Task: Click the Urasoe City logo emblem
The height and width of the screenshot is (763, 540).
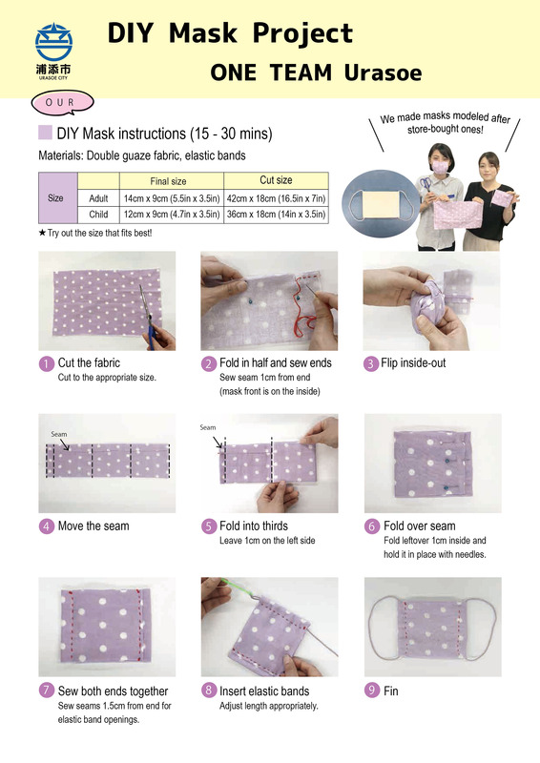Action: pos(53,42)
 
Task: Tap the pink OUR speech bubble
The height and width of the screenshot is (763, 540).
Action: pos(62,103)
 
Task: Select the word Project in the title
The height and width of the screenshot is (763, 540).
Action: pos(302,34)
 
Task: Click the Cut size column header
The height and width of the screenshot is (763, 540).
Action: pos(276,180)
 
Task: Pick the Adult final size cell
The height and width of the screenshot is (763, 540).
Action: pos(172,198)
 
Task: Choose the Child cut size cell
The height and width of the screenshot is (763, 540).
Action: pos(276,214)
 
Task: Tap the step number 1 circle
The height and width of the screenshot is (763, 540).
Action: pos(46,363)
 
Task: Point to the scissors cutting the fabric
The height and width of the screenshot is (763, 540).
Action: pos(148,317)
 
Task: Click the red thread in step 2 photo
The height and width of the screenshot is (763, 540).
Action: pos(301,312)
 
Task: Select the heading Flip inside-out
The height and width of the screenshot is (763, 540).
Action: pos(413,363)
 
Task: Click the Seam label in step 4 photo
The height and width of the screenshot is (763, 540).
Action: pos(59,434)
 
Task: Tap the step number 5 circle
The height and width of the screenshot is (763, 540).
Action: pos(208,526)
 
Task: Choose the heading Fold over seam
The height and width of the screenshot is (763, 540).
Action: pos(419,526)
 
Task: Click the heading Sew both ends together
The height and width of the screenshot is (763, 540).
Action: pos(113,691)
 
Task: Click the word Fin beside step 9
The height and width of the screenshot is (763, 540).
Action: pos(390,691)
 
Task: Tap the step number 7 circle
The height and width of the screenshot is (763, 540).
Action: pos(46,690)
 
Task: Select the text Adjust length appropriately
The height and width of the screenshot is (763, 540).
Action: pos(269,706)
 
